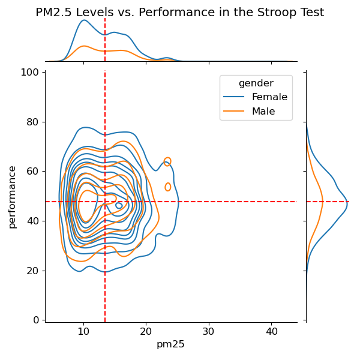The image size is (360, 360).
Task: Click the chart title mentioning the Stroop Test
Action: point(180,12)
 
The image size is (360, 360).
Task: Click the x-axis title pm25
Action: point(170,344)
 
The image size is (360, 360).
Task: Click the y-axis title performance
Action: point(12,197)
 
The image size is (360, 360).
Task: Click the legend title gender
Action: point(256,83)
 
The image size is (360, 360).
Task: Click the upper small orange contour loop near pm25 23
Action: point(167,161)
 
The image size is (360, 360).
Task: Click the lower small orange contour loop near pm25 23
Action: point(168,187)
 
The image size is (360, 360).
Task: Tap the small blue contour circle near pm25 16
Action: point(119,206)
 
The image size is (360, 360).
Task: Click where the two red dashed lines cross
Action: point(105,202)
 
